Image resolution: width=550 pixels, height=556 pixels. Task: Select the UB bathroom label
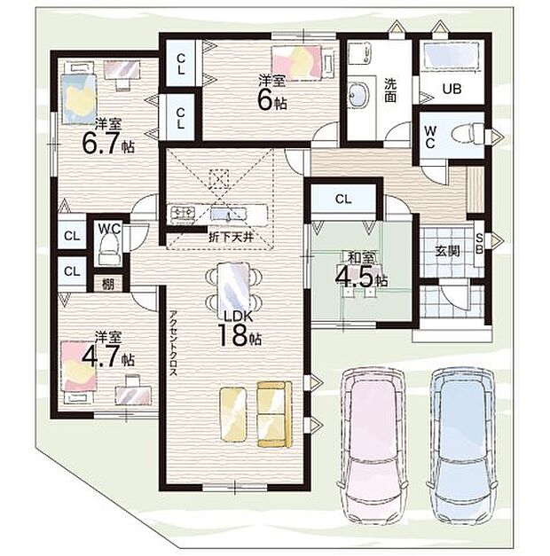click(x=452, y=89)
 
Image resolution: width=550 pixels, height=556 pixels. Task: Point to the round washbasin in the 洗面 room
click(x=359, y=95)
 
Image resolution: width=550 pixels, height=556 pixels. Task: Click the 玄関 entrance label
click(x=447, y=251)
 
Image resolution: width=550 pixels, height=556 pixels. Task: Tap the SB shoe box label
click(x=479, y=245)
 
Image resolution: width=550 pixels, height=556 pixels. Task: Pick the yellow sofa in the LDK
click(x=275, y=414)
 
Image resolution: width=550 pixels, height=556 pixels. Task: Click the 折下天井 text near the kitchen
click(x=231, y=237)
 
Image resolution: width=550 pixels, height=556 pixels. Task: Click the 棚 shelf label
click(x=108, y=284)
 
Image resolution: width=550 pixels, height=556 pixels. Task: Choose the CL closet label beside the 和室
click(x=343, y=200)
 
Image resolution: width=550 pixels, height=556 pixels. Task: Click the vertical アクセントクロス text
click(x=173, y=343)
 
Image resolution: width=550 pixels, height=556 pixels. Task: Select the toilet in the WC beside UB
click(x=467, y=134)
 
